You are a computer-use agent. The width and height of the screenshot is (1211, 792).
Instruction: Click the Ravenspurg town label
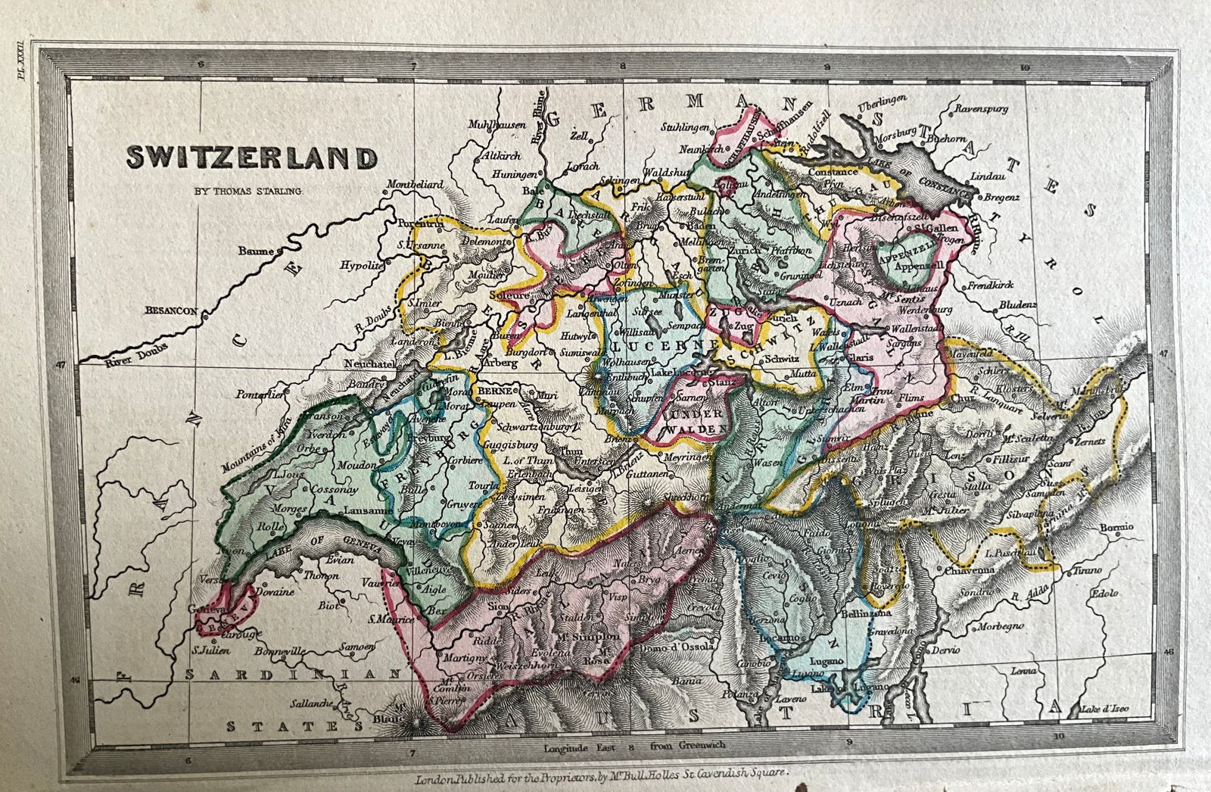[982, 109]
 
